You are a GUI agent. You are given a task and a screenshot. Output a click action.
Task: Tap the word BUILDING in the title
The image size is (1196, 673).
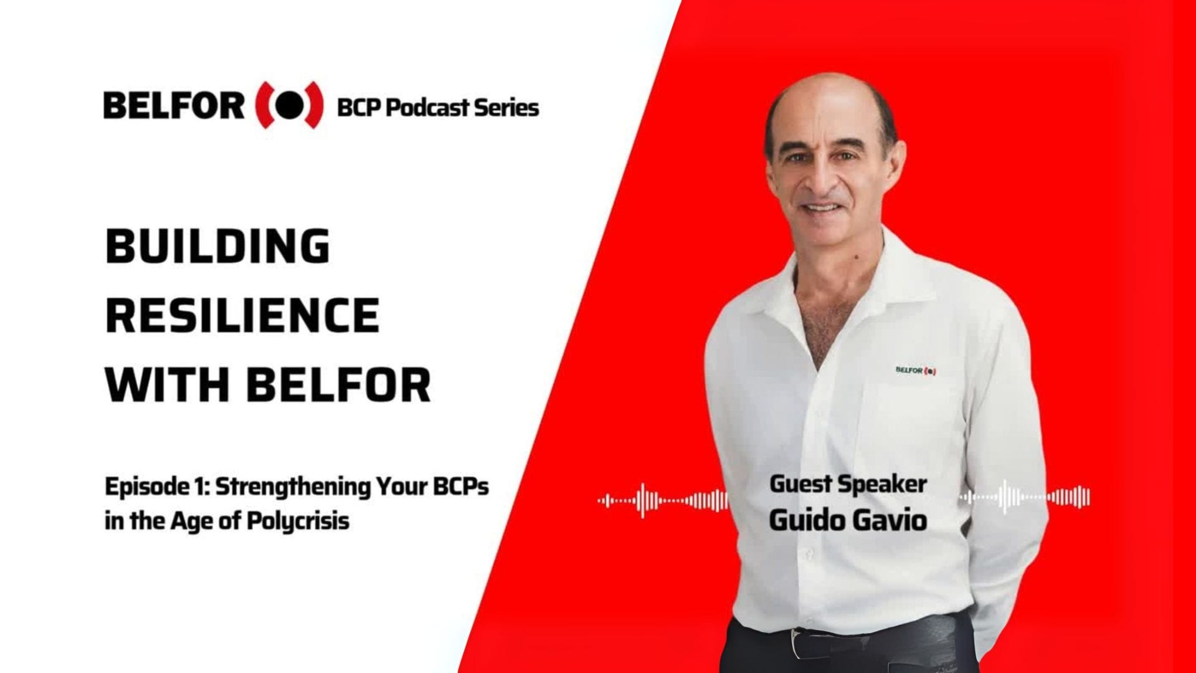218,246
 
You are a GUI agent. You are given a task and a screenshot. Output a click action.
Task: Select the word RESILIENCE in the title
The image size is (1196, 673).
243,315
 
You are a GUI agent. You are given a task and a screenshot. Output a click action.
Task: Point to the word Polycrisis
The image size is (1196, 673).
298,520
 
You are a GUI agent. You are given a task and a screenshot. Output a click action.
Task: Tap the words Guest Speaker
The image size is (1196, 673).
848,484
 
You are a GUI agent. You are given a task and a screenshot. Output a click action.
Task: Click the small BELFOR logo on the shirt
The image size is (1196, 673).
916,371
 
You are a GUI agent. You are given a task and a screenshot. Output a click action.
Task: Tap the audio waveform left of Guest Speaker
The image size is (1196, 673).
662,500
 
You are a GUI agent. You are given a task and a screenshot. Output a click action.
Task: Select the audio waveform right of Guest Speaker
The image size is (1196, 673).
1025,497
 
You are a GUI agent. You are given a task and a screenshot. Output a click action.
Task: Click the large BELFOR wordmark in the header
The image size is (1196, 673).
174,107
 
